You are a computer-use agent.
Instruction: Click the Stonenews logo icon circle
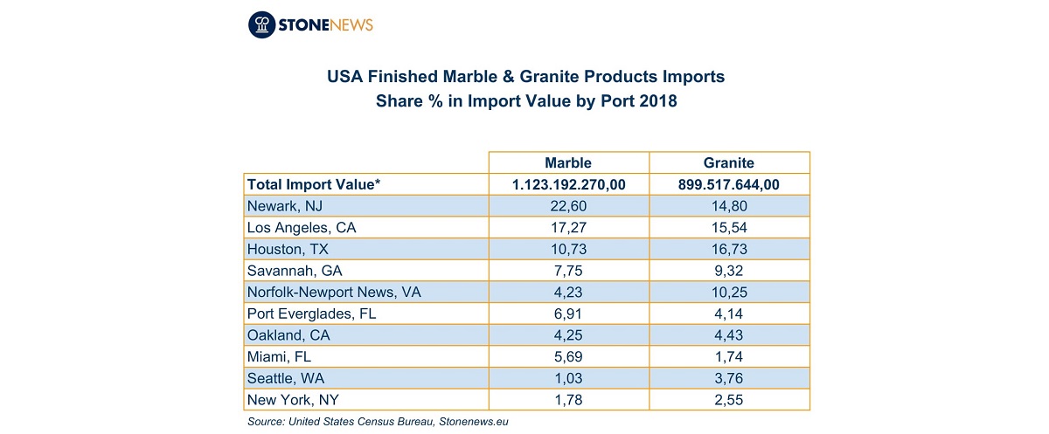[x=261, y=24]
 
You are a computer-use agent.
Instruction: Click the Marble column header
[x=568, y=162]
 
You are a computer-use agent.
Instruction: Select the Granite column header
[x=729, y=162]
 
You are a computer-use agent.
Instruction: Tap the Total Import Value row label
[x=314, y=184]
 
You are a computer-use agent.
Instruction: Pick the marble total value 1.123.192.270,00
[x=568, y=185]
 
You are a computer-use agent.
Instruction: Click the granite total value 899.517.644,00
[x=729, y=185]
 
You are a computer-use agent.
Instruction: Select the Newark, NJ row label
[x=285, y=206]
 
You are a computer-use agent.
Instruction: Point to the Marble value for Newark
[x=568, y=206]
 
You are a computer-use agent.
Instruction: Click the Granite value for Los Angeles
[x=729, y=228]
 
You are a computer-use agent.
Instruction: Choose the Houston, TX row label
[x=288, y=249]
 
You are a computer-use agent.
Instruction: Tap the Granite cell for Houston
[x=729, y=249]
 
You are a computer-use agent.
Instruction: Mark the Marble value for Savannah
[x=568, y=271]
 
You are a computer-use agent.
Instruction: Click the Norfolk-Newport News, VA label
[x=334, y=293]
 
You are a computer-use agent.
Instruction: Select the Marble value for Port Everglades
[x=568, y=313]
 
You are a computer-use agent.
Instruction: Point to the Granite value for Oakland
[x=729, y=335]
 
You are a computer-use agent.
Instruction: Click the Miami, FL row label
[x=279, y=357]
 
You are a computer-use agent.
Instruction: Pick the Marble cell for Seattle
[x=568, y=378]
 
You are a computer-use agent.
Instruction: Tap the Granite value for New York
[x=729, y=400]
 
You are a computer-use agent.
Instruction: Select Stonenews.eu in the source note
[x=474, y=422]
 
